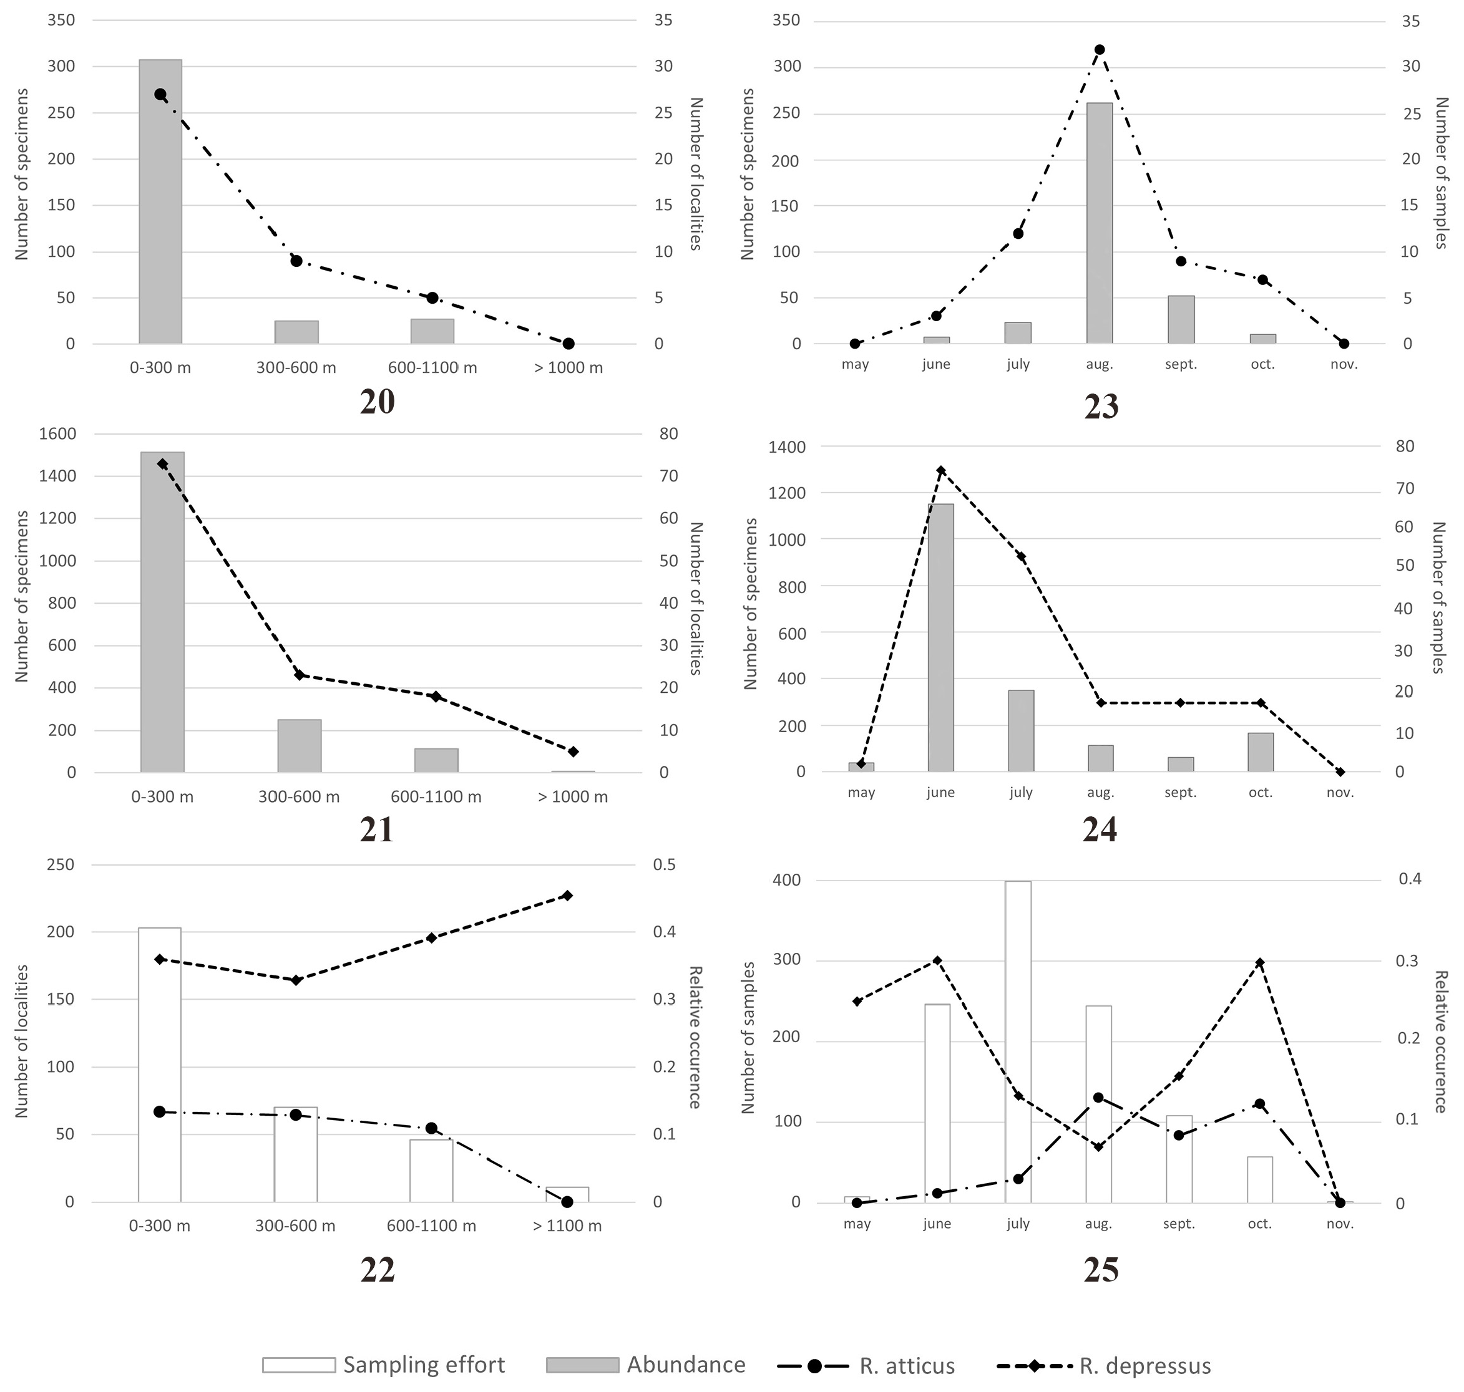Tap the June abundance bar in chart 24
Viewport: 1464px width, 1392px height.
[940, 638]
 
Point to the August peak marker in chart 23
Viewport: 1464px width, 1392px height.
[1100, 50]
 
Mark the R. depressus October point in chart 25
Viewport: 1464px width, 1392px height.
[1260, 962]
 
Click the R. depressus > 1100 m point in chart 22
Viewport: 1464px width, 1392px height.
[567, 896]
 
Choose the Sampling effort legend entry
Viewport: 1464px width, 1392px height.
[384, 1365]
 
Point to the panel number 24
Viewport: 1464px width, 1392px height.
[1100, 830]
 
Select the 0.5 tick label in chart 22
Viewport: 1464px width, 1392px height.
[665, 864]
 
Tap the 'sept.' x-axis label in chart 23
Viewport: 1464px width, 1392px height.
[1181, 364]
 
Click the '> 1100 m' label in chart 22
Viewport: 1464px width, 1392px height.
[567, 1225]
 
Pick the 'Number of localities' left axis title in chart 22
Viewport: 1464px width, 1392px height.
[21, 1040]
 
